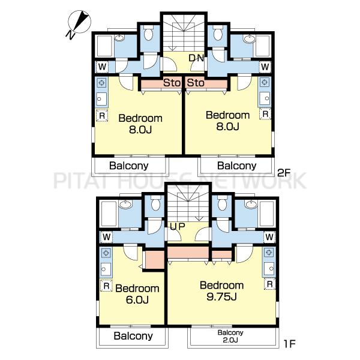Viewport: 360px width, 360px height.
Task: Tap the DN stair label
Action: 196,58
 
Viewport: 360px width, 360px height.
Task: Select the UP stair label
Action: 178,226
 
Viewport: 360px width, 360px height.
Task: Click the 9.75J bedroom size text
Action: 221,297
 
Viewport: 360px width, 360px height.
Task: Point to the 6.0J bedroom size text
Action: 137,299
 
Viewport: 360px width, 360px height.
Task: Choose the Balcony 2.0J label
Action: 230,336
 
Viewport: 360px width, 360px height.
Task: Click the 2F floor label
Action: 284,173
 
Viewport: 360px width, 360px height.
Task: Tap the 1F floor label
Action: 289,344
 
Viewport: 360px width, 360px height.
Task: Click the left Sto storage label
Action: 172,83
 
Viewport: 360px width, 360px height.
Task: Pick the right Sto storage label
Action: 196,83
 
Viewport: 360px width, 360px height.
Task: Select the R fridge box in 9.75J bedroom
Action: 270,284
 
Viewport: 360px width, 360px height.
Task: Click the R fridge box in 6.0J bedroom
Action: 106,286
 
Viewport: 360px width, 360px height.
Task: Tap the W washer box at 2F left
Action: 102,67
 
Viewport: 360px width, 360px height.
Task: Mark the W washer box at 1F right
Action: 269,237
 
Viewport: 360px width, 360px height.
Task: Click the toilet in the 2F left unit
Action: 149,32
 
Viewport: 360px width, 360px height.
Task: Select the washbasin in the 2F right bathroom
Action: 250,39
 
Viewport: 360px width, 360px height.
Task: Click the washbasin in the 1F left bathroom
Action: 125,204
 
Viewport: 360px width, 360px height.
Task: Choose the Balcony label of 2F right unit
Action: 237,166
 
